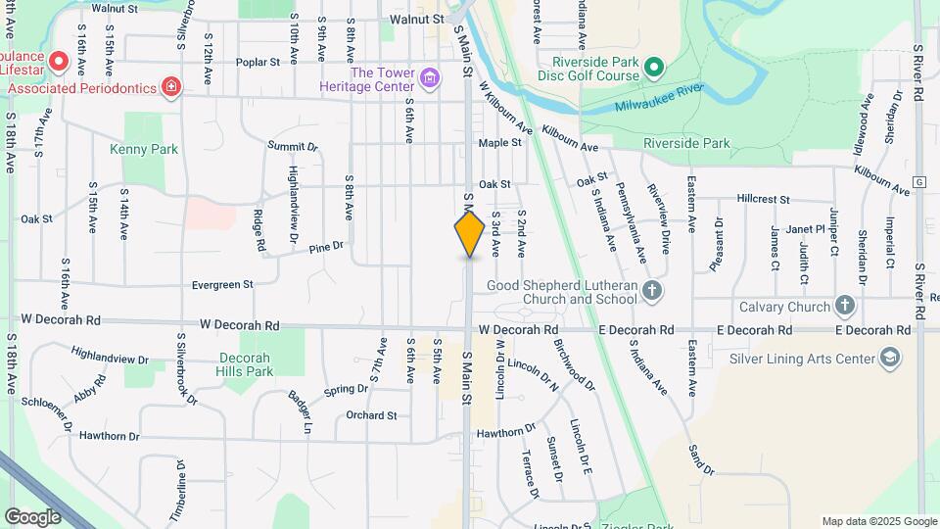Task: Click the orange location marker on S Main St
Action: [x=470, y=233]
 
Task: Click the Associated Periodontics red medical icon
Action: [x=171, y=88]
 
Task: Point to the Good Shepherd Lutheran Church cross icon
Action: [x=653, y=290]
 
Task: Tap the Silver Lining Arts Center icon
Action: [x=889, y=358]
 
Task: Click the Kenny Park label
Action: [x=144, y=150]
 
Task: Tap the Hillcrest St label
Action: [x=764, y=199]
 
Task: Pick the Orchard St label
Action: [x=372, y=415]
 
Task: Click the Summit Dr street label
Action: [x=293, y=146]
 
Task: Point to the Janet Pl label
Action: [x=809, y=229]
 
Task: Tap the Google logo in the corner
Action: [x=32, y=517]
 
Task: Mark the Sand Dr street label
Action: [x=701, y=459]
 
